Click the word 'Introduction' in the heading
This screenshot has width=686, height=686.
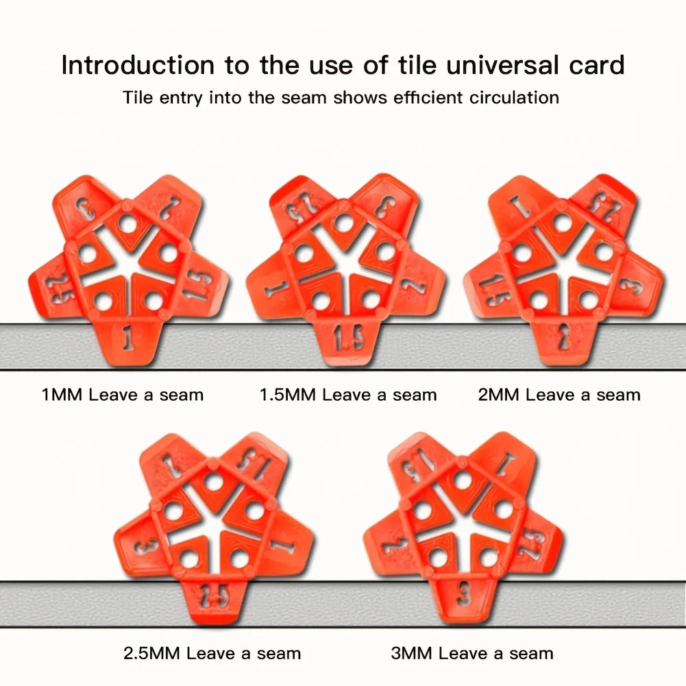(x=138, y=65)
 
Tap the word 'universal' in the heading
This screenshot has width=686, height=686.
(x=504, y=65)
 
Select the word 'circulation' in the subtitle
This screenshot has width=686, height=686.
(x=514, y=97)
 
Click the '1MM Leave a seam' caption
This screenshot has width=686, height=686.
(x=123, y=395)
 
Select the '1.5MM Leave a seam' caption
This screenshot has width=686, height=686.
(x=348, y=395)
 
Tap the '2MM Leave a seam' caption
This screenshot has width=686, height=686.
(x=559, y=395)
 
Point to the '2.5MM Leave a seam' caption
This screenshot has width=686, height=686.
(x=212, y=654)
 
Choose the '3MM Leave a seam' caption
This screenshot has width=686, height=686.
(x=472, y=654)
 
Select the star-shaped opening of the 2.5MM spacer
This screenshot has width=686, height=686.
(x=215, y=521)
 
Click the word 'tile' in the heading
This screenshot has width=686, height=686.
(x=417, y=65)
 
